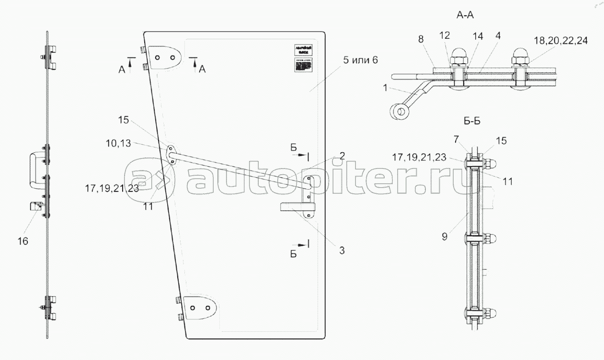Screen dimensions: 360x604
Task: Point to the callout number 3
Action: [x=342, y=250]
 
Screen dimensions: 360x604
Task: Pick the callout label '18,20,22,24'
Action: [x=561, y=41]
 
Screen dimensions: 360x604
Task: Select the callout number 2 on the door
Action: [x=342, y=155]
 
